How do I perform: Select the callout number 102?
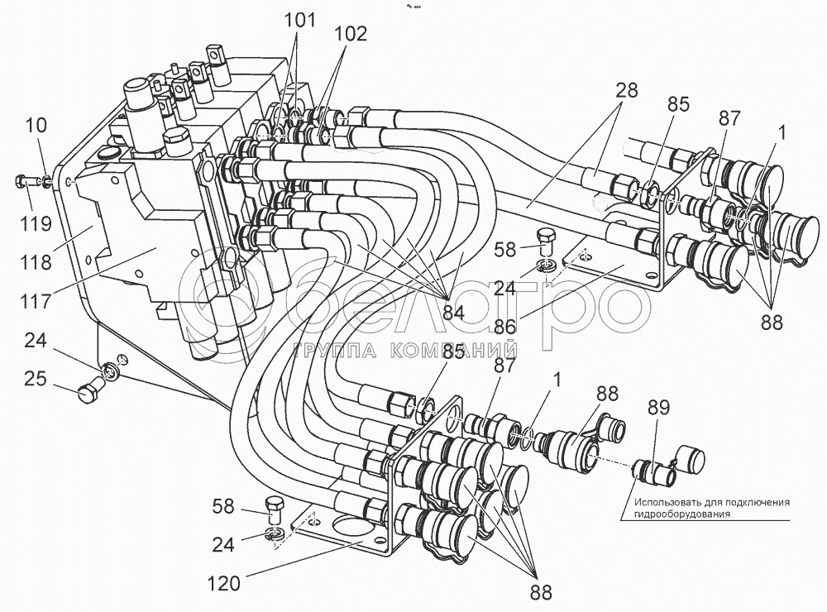[x=351, y=33]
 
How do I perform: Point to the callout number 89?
[x=660, y=409]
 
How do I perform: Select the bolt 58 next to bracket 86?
[x=547, y=241]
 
